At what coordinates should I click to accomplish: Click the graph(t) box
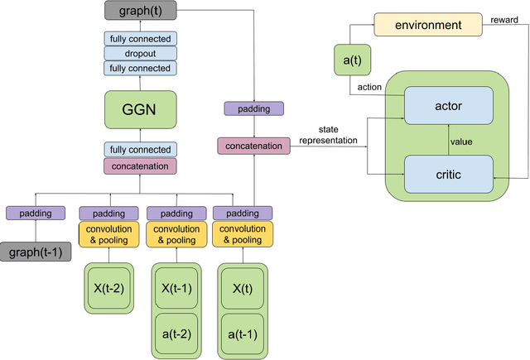[x=138, y=11]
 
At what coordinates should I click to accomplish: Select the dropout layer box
[x=138, y=53]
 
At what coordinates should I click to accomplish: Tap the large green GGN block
[x=138, y=109]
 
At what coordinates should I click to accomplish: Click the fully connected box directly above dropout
[x=138, y=39]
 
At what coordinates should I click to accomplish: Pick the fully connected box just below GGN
[x=138, y=150]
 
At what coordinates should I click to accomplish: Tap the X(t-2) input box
[x=108, y=289]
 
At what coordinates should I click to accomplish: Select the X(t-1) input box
[x=176, y=289]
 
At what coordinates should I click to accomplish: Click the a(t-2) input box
[x=176, y=334]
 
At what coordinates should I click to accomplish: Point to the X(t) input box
[x=242, y=289]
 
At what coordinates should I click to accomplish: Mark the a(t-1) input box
[x=242, y=334]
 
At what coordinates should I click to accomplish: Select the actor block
[x=448, y=105]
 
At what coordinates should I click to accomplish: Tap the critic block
[x=448, y=174]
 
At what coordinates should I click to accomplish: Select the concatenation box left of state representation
[x=254, y=146]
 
